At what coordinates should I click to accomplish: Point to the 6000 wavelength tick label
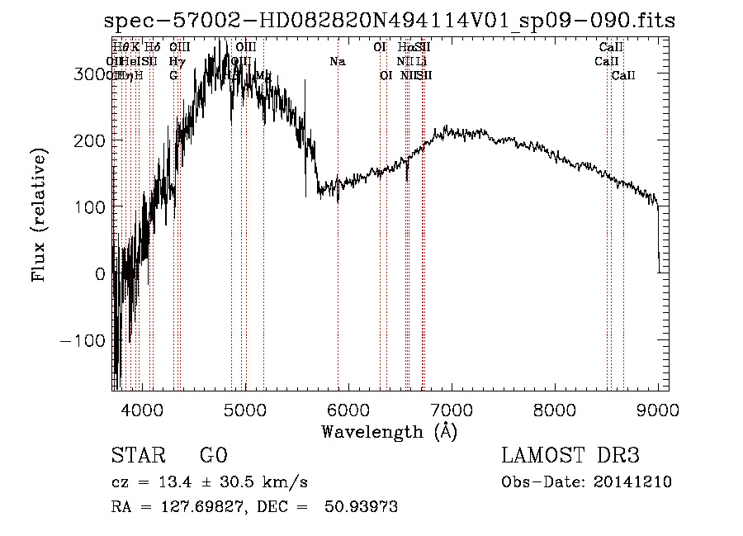tap(348, 408)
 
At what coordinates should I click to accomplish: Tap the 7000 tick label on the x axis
tap(452, 408)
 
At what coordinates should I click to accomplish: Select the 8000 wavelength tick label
tap(555, 408)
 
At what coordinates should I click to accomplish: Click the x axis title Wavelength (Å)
tap(389, 431)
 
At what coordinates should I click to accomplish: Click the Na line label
tap(337, 61)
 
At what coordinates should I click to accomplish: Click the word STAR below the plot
tap(137, 456)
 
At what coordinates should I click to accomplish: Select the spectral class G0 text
tap(213, 456)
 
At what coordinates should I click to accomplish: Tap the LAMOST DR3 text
tap(570, 456)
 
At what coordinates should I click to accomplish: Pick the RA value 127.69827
tap(192, 507)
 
